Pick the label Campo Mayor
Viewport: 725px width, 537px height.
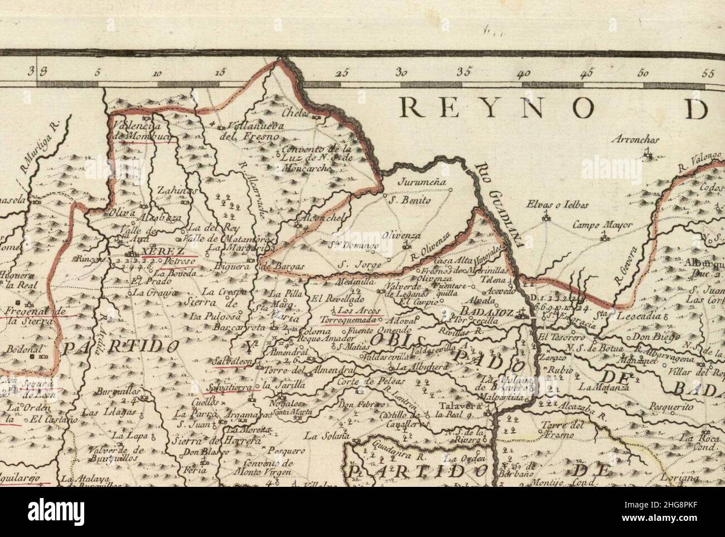pos(603,226)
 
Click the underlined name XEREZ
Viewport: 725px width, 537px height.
pos(156,251)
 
